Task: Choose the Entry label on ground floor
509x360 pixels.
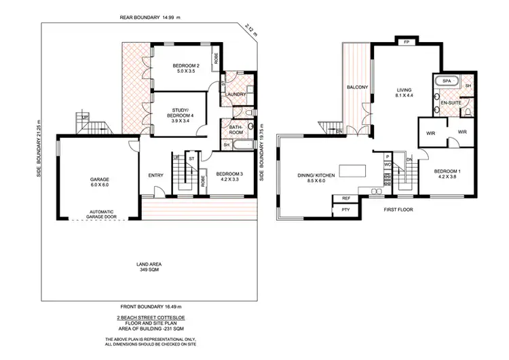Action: (155, 176)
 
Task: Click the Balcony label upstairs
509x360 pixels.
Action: (357, 88)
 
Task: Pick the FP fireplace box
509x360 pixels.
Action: (407, 42)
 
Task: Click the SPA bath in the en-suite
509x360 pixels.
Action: (447, 82)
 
